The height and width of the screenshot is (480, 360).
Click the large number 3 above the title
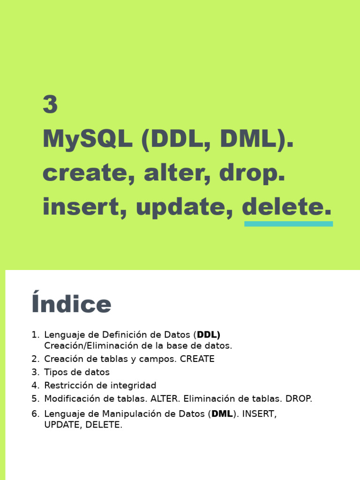tap(50, 105)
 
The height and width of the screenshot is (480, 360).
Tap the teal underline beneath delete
tap(288, 224)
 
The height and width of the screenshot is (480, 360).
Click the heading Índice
tap(71, 304)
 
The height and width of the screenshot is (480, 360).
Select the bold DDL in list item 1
tap(208, 335)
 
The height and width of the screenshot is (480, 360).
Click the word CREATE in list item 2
tap(197, 359)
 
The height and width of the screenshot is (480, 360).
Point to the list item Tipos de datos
tap(77, 372)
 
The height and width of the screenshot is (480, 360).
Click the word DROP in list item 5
tap(298, 399)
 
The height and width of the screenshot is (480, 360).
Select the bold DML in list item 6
tap(222, 414)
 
